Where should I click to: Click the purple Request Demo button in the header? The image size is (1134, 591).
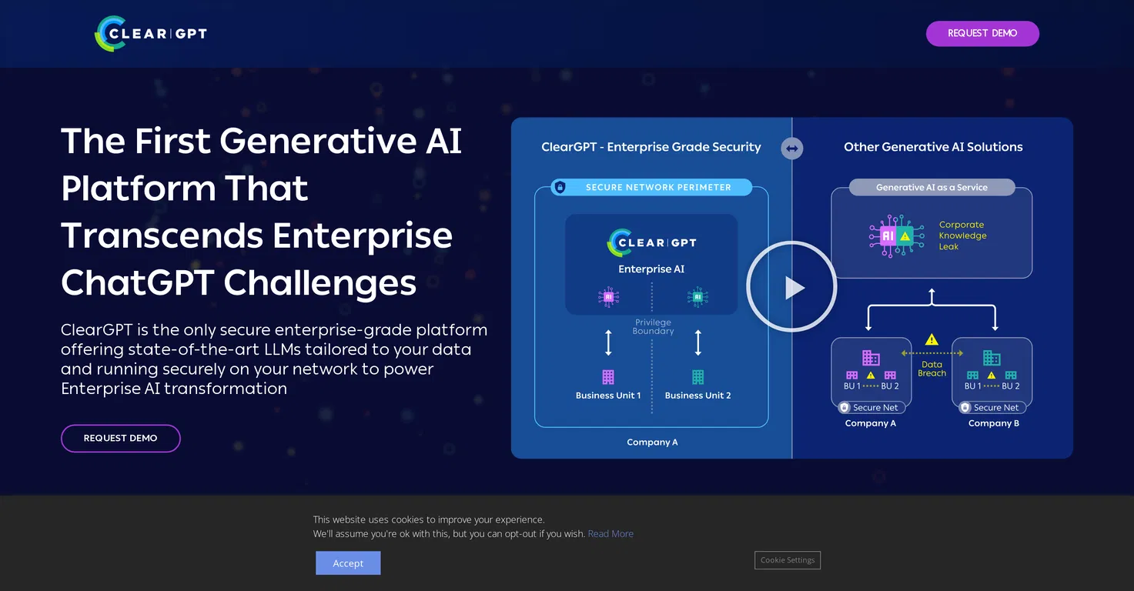[x=982, y=33]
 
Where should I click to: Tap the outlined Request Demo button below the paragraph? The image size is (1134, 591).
[x=121, y=438]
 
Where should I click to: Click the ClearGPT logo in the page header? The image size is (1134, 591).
[x=151, y=33]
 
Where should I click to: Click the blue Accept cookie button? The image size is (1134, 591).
[x=348, y=563]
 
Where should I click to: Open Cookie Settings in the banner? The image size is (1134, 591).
[x=788, y=559]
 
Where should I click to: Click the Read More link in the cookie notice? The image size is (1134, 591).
[x=610, y=533]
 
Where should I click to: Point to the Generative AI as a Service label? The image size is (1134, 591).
[x=932, y=187]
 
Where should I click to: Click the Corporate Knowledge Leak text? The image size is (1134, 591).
[x=962, y=235]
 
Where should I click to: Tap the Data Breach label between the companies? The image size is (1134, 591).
[x=932, y=369]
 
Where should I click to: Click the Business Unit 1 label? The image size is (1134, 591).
[x=608, y=396]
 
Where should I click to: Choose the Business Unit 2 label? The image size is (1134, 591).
[x=697, y=396]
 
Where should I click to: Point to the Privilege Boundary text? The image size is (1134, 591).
[x=653, y=326]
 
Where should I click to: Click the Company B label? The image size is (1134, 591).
[x=993, y=423]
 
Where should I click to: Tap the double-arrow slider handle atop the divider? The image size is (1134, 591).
[x=791, y=149]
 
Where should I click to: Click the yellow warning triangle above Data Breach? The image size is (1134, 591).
[x=932, y=339]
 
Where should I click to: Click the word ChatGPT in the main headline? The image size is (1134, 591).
[x=138, y=282]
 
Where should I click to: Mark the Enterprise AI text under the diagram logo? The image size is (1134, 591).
[x=651, y=269]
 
